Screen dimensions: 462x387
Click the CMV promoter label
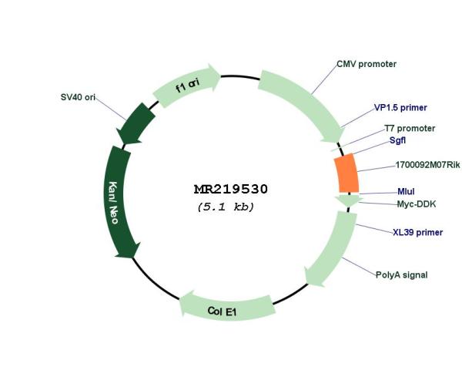pos(367,64)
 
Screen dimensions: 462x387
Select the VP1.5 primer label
pos(400,108)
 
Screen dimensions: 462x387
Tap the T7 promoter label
pos(410,128)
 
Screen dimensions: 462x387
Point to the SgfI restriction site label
pos(397,140)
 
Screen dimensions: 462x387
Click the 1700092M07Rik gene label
pos(427,165)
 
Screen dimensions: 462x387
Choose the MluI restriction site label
pos(406,192)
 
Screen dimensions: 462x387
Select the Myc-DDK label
pos(417,204)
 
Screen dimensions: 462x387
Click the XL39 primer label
pos(418,233)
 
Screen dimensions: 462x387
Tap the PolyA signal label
pos(402,275)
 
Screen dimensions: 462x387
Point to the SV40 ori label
pos(78,97)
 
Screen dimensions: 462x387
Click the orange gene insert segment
pos(346,173)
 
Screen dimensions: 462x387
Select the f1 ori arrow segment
pos(186,86)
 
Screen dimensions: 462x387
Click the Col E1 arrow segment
pos(227,308)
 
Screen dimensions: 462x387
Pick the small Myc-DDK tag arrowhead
pos(349,200)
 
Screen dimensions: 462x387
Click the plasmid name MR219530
pos(231,190)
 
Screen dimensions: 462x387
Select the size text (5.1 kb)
pos(226,207)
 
